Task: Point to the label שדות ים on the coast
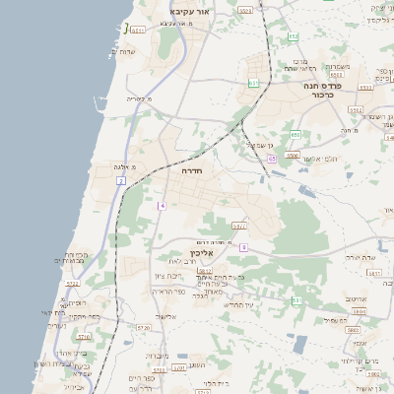coord(130,49)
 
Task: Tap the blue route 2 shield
coord(121,181)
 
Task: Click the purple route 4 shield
coord(162,205)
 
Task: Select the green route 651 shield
coord(253,84)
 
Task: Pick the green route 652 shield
coord(294,36)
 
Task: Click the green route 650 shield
coord(295,134)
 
